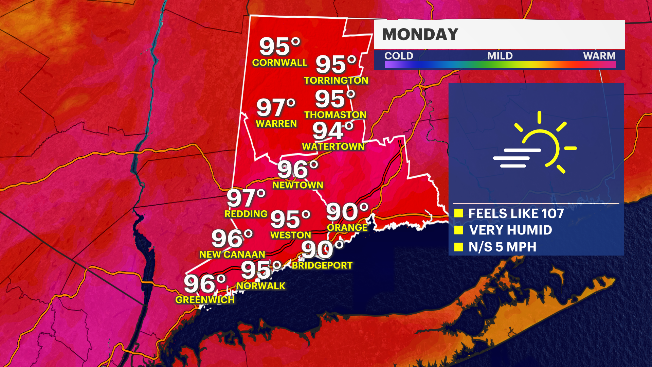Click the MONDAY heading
coord(420,34)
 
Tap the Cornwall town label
coord(279,63)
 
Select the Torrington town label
coord(336,80)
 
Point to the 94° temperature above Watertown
coord(333,131)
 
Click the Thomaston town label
coord(335,115)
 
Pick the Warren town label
coord(276,123)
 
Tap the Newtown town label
coord(298,185)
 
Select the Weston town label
coord(291,235)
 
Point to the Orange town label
coord(347,228)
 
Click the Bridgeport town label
coord(322,265)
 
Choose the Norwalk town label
coord(261,286)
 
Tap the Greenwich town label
coord(205,300)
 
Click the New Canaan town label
coord(232,255)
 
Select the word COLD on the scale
coord(399,56)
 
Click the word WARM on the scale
coord(599,56)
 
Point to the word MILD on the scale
coord(500,56)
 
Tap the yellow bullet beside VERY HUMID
coord(458,230)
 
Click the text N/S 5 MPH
coord(502,247)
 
